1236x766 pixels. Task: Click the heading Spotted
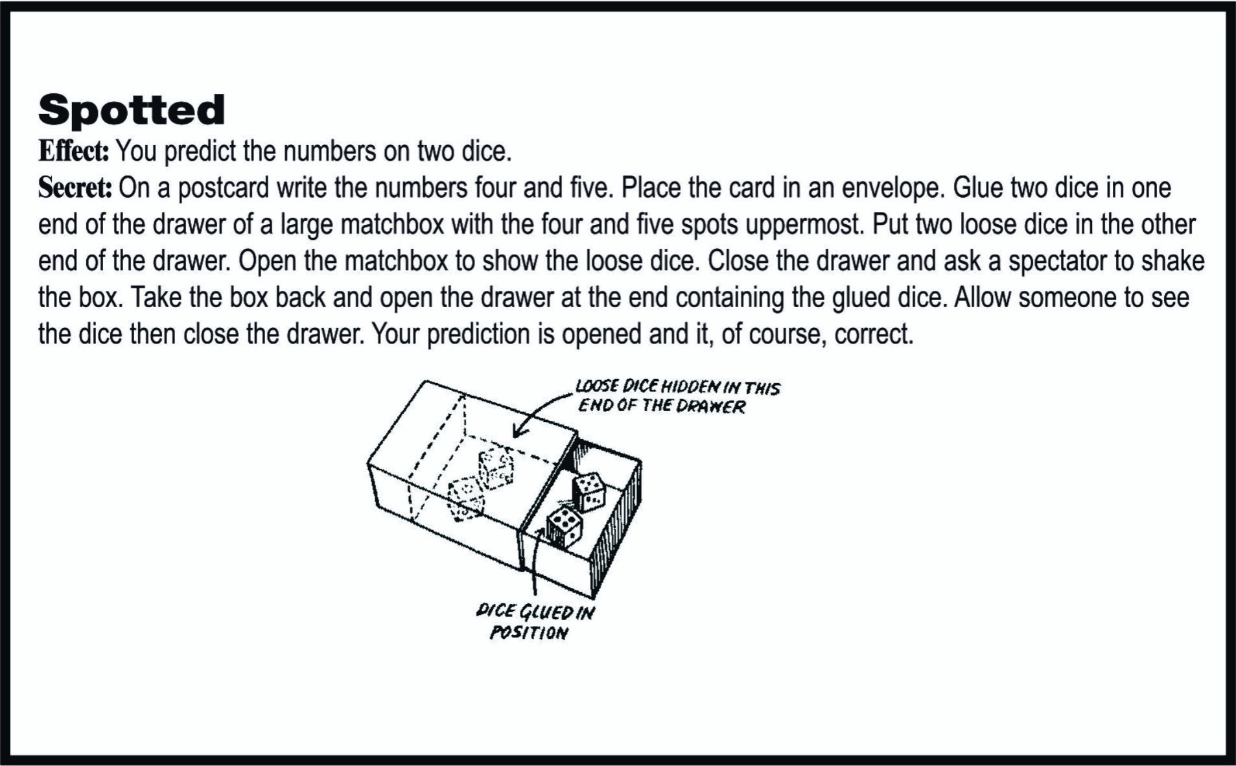pyautogui.click(x=132, y=110)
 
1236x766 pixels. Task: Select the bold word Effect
pyautogui.click(x=73, y=152)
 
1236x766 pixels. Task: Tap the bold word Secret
pyautogui.click(x=75, y=189)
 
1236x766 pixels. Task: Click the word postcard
pyautogui.click(x=222, y=189)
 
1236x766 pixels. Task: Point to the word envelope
pyautogui.click(x=891, y=189)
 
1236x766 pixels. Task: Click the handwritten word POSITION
pyautogui.click(x=528, y=633)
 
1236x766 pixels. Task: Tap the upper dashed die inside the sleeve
pyautogui.click(x=496, y=468)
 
